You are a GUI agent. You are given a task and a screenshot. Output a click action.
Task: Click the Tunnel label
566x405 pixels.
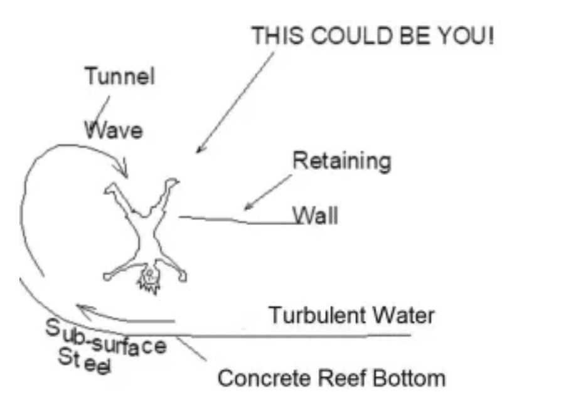[x=119, y=77]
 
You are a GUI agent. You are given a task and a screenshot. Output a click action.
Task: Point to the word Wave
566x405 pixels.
[x=114, y=131]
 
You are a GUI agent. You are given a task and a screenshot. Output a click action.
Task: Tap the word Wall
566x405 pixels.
[x=316, y=216]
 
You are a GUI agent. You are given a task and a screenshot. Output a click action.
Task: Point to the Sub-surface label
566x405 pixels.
[x=107, y=338]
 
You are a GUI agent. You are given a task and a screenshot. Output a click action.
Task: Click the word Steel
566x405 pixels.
[x=85, y=362]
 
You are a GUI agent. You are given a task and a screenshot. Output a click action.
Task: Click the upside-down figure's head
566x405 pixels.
[x=149, y=274]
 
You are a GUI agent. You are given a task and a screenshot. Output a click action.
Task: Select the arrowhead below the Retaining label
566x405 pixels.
[x=247, y=207]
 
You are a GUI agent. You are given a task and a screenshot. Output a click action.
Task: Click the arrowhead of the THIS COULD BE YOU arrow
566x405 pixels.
[x=198, y=150]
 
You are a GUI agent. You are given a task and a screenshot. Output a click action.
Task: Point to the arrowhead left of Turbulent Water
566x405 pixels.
[x=80, y=307]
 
